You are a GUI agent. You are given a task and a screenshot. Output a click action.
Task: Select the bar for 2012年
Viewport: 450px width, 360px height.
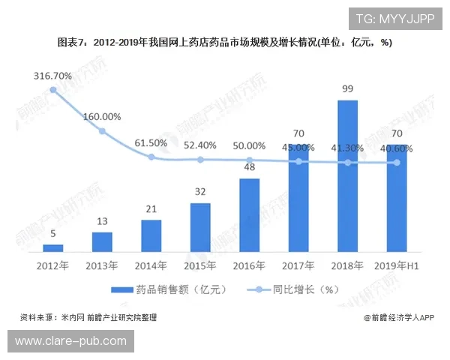[53, 247]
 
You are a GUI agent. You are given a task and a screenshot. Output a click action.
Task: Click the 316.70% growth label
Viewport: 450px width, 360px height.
[52, 76]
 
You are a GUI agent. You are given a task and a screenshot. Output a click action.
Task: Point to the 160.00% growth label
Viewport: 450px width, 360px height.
[102, 117]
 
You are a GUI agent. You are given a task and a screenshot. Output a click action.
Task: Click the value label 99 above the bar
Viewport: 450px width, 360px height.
[347, 89]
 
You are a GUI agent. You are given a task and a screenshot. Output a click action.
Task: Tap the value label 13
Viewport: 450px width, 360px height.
[102, 222]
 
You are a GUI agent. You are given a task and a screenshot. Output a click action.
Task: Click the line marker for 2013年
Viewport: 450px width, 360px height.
[102, 131]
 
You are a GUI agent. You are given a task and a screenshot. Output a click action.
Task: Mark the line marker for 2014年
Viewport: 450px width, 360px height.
[151, 157]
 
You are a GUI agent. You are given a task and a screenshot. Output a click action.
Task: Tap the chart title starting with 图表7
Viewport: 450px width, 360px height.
[224, 43]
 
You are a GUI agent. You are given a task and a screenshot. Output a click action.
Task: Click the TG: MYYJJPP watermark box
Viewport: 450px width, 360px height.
[395, 19]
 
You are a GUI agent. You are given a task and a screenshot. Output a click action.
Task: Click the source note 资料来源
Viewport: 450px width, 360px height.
[88, 317]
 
